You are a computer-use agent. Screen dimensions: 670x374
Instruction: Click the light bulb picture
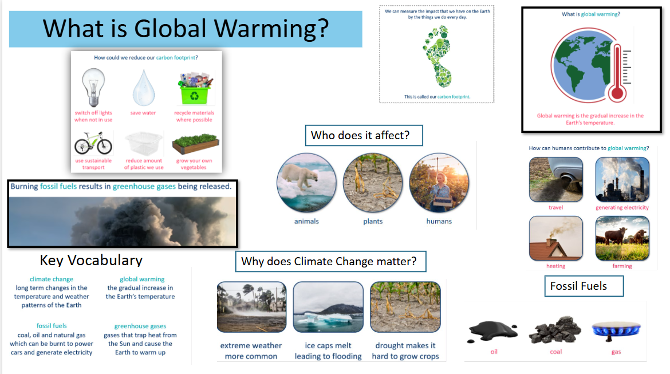coord(93,87)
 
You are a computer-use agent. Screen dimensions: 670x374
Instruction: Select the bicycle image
coord(93,143)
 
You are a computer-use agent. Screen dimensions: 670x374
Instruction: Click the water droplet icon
coord(144,88)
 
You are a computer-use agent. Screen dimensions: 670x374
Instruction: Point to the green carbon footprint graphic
coord(437,57)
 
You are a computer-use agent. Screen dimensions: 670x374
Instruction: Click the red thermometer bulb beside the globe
coord(617,92)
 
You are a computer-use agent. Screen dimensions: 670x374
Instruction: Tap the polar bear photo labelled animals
coord(306,183)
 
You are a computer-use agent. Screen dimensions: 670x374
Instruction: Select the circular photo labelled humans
coord(439,183)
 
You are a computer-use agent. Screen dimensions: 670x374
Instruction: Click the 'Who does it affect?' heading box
coord(364,136)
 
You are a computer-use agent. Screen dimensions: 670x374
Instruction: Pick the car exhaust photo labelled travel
coord(556,179)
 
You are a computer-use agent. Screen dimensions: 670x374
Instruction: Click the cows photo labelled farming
coord(622,238)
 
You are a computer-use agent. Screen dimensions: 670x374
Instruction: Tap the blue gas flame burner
coord(616,331)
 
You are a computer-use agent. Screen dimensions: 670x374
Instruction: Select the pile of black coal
coord(555,329)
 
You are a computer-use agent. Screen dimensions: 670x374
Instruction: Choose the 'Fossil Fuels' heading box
coord(584,286)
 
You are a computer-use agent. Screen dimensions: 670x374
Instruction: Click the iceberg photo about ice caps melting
coord(328,307)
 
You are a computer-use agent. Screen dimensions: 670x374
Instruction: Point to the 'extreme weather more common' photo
coord(251,307)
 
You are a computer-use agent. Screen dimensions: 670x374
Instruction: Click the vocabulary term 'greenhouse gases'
coord(140,326)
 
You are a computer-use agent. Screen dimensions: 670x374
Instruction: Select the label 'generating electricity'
coord(622,208)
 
